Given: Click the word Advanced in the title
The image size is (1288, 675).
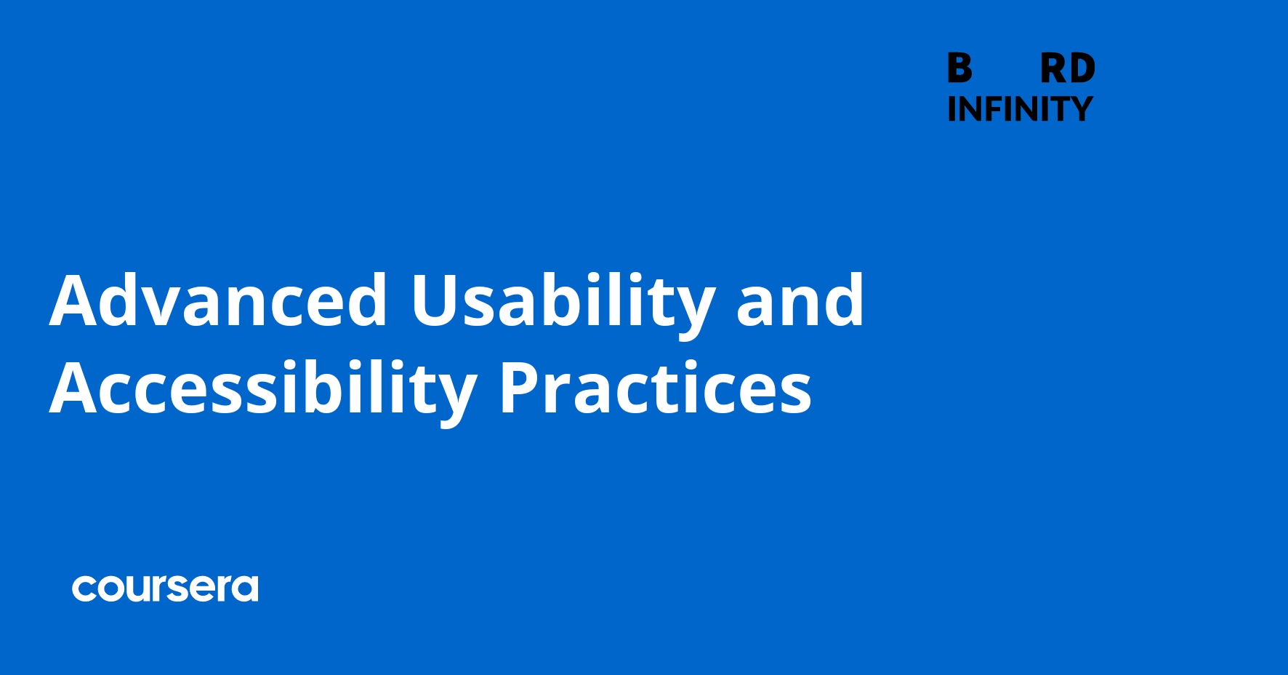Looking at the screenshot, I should coord(218,300).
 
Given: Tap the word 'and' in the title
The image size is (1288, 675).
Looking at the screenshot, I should coord(800,300).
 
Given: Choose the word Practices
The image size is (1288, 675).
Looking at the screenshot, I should coord(655,388).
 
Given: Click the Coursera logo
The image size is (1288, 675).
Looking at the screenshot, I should coord(165,588).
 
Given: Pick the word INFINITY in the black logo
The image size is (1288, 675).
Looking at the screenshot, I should coord(1020,109).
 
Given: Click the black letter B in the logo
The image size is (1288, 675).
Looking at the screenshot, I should coord(959,69).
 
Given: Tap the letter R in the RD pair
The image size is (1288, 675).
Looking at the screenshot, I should coord(1053,69).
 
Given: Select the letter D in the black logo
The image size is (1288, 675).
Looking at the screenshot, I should coord(1082,69).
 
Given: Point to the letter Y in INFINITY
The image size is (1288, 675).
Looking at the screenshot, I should coord(1081,109).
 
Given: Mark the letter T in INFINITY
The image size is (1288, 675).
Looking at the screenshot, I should coord(1058,109).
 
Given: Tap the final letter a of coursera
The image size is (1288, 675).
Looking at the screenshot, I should coord(245,589).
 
